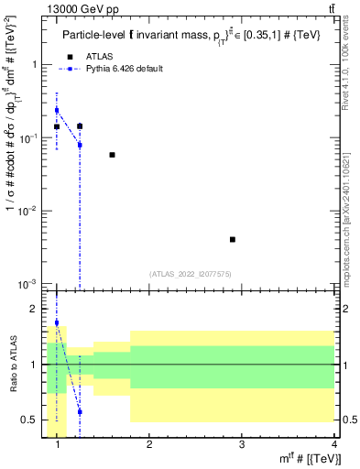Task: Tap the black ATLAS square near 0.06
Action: [112, 155]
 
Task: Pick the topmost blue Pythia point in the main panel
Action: [57, 110]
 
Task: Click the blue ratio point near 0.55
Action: [80, 412]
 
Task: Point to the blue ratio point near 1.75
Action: [57, 322]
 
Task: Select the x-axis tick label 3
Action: [242, 445]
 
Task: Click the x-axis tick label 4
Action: [334, 445]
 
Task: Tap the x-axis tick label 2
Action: [149, 445]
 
